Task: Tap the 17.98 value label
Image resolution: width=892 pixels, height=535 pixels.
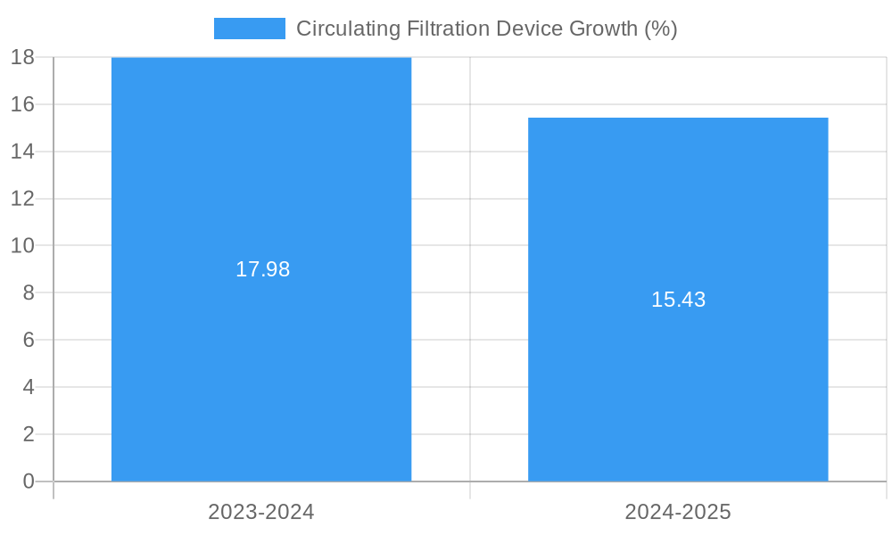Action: click(x=262, y=269)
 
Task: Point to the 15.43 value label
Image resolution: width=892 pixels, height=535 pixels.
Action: click(x=678, y=300)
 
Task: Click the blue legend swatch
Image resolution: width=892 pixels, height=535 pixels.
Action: click(x=249, y=29)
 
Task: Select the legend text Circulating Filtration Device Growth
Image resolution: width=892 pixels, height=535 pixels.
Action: click(x=486, y=29)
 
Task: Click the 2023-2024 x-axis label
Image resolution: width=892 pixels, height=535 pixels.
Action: click(x=261, y=512)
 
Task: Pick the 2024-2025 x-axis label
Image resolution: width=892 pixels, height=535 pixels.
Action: click(x=678, y=512)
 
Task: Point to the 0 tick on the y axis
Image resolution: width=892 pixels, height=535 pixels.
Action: click(x=28, y=481)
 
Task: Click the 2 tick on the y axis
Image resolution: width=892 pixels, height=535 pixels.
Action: click(x=28, y=434)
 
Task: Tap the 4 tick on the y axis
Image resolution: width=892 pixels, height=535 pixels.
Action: click(x=28, y=387)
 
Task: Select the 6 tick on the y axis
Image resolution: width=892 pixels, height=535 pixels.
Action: click(x=28, y=340)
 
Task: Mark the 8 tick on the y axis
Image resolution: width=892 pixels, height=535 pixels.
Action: click(x=28, y=292)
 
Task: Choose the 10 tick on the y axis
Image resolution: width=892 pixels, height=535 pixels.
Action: click(x=22, y=245)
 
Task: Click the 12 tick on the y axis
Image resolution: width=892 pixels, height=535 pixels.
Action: click(x=22, y=198)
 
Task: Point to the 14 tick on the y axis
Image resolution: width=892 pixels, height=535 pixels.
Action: click(x=22, y=152)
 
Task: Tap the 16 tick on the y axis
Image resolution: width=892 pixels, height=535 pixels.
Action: click(x=22, y=104)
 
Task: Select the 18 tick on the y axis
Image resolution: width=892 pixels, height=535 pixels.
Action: click(x=22, y=57)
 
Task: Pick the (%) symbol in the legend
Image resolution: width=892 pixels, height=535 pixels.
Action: click(x=661, y=29)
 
